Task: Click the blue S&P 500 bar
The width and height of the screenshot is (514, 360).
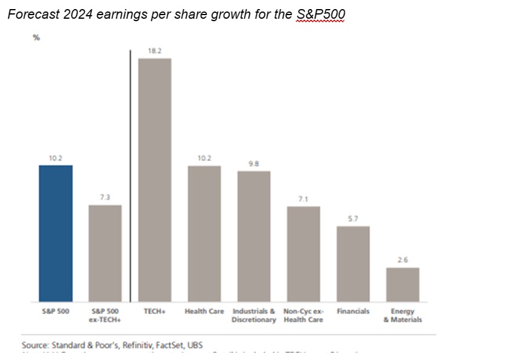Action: [x=56, y=233]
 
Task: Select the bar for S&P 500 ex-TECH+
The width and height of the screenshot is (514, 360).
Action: [x=105, y=253]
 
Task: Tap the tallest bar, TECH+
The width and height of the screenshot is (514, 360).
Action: [x=155, y=180]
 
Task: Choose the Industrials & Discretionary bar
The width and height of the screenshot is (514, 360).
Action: [x=254, y=236]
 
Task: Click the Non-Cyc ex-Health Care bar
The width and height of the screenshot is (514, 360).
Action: [x=303, y=254]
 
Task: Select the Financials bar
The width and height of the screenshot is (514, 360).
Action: [x=353, y=263]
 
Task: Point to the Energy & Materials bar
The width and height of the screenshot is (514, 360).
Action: [x=403, y=284]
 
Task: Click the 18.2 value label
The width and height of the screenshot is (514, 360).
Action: [x=155, y=51]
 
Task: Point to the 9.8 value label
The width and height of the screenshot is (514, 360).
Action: [x=254, y=164]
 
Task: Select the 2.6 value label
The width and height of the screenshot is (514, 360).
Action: [x=403, y=260]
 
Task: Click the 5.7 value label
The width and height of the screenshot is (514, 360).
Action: [x=353, y=219]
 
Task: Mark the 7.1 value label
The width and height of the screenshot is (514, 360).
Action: [x=303, y=199]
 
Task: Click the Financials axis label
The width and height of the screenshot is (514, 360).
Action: [x=353, y=311]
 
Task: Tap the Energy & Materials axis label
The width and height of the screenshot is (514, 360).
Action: [x=403, y=315]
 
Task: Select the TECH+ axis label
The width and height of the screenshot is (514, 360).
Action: [x=155, y=311]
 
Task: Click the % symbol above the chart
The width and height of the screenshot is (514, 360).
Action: [x=36, y=38]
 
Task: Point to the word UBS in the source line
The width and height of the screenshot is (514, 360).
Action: [x=194, y=345]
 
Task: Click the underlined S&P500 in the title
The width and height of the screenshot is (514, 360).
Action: [x=320, y=14]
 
